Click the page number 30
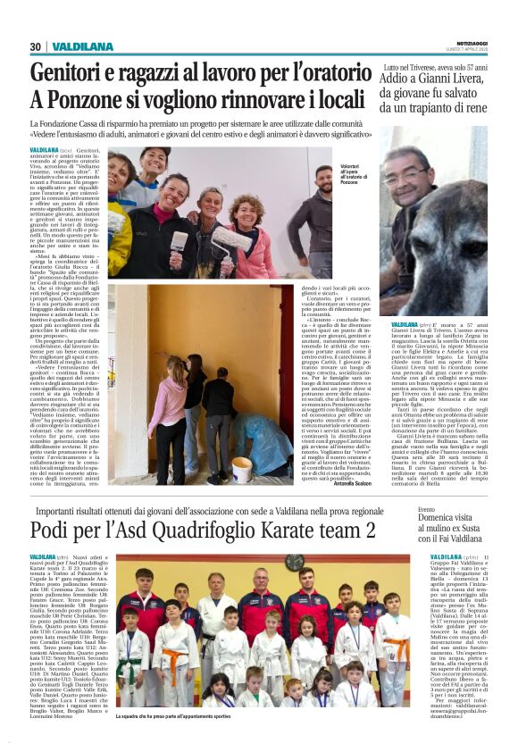[36, 46]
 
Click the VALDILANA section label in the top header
[83, 46]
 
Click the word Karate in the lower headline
[284, 530]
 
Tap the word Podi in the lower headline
[53, 530]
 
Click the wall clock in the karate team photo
[293, 562]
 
